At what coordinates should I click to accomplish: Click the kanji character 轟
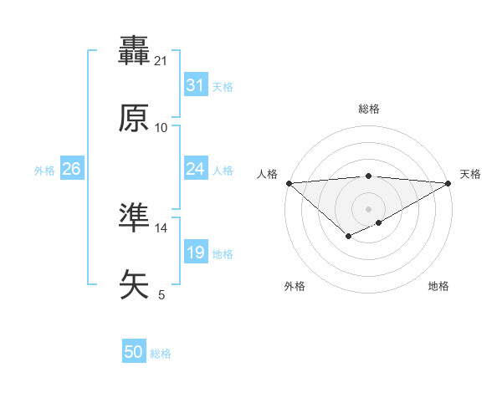coord(134,52)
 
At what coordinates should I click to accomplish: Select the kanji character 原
coord(134,119)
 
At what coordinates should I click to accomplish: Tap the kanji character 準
coord(134,217)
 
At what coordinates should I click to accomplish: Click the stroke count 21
coord(161,60)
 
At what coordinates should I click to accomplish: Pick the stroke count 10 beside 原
coord(161,127)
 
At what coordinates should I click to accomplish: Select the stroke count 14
coord(161,227)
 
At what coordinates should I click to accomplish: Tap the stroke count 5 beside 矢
coord(161,294)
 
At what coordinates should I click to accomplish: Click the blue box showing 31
coord(195,85)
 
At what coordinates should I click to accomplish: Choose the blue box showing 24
coord(195,169)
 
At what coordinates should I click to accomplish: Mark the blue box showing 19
coord(195,253)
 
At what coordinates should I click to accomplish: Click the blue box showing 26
coord(71,169)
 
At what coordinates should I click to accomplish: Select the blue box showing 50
coord(134,352)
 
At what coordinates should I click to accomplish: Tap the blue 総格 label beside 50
coord(161,354)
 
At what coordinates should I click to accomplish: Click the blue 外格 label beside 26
coord(44,171)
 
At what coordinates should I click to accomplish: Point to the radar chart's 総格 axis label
coord(368,109)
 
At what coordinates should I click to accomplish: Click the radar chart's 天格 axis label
coord(470,174)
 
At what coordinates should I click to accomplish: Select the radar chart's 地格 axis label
coord(438,286)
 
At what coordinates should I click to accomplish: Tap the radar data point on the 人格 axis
coord(289,183)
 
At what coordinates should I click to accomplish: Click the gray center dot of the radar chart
coord(368,208)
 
